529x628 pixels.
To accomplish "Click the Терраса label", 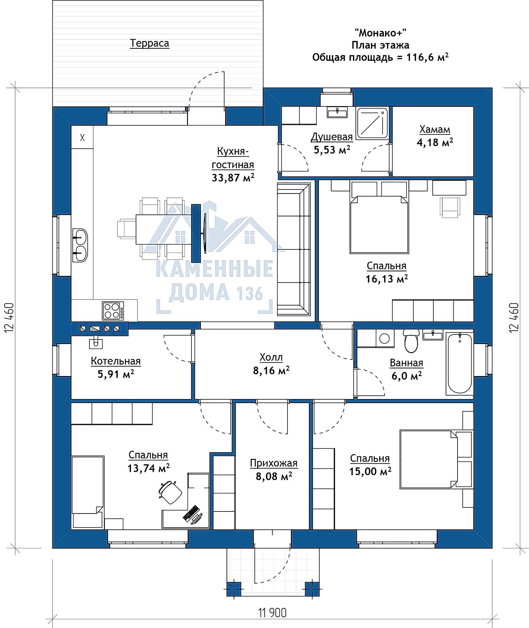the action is [x=149, y=43].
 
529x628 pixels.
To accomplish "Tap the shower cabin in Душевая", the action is [x=373, y=123].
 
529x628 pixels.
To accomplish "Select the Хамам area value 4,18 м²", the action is [x=435, y=143].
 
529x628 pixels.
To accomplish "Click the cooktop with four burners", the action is [x=113, y=311].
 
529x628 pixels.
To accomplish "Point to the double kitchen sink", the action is [x=80, y=245].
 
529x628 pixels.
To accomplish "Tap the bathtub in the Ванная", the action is [x=459, y=364].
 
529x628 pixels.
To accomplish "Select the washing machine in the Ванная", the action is [x=385, y=339].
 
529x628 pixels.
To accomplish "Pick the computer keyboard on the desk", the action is [x=191, y=513].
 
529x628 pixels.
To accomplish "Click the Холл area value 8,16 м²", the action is [x=271, y=371].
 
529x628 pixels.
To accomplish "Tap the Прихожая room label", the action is [x=274, y=463].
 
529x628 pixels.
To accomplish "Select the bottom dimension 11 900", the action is [x=272, y=612].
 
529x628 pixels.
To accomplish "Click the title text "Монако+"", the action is [x=380, y=32].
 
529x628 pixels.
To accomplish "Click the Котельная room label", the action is [x=116, y=361].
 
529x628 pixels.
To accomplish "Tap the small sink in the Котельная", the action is [x=96, y=342].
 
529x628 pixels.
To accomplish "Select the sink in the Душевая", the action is [x=337, y=112].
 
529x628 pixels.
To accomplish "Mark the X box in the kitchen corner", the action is [x=82, y=137].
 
